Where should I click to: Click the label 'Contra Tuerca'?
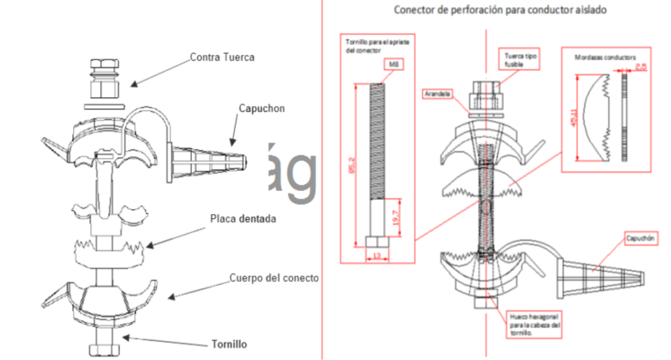tap(221, 57)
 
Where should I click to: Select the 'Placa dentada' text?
tap(242, 218)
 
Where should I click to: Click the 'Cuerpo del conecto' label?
tap(273, 277)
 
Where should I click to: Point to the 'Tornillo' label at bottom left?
tap(229, 344)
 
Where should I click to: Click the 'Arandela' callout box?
tap(437, 94)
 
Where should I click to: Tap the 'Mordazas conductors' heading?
tap(605, 58)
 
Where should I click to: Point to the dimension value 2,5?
tap(640, 67)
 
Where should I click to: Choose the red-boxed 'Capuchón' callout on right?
tap(641, 238)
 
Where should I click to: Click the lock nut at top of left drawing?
tap(104, 77)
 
